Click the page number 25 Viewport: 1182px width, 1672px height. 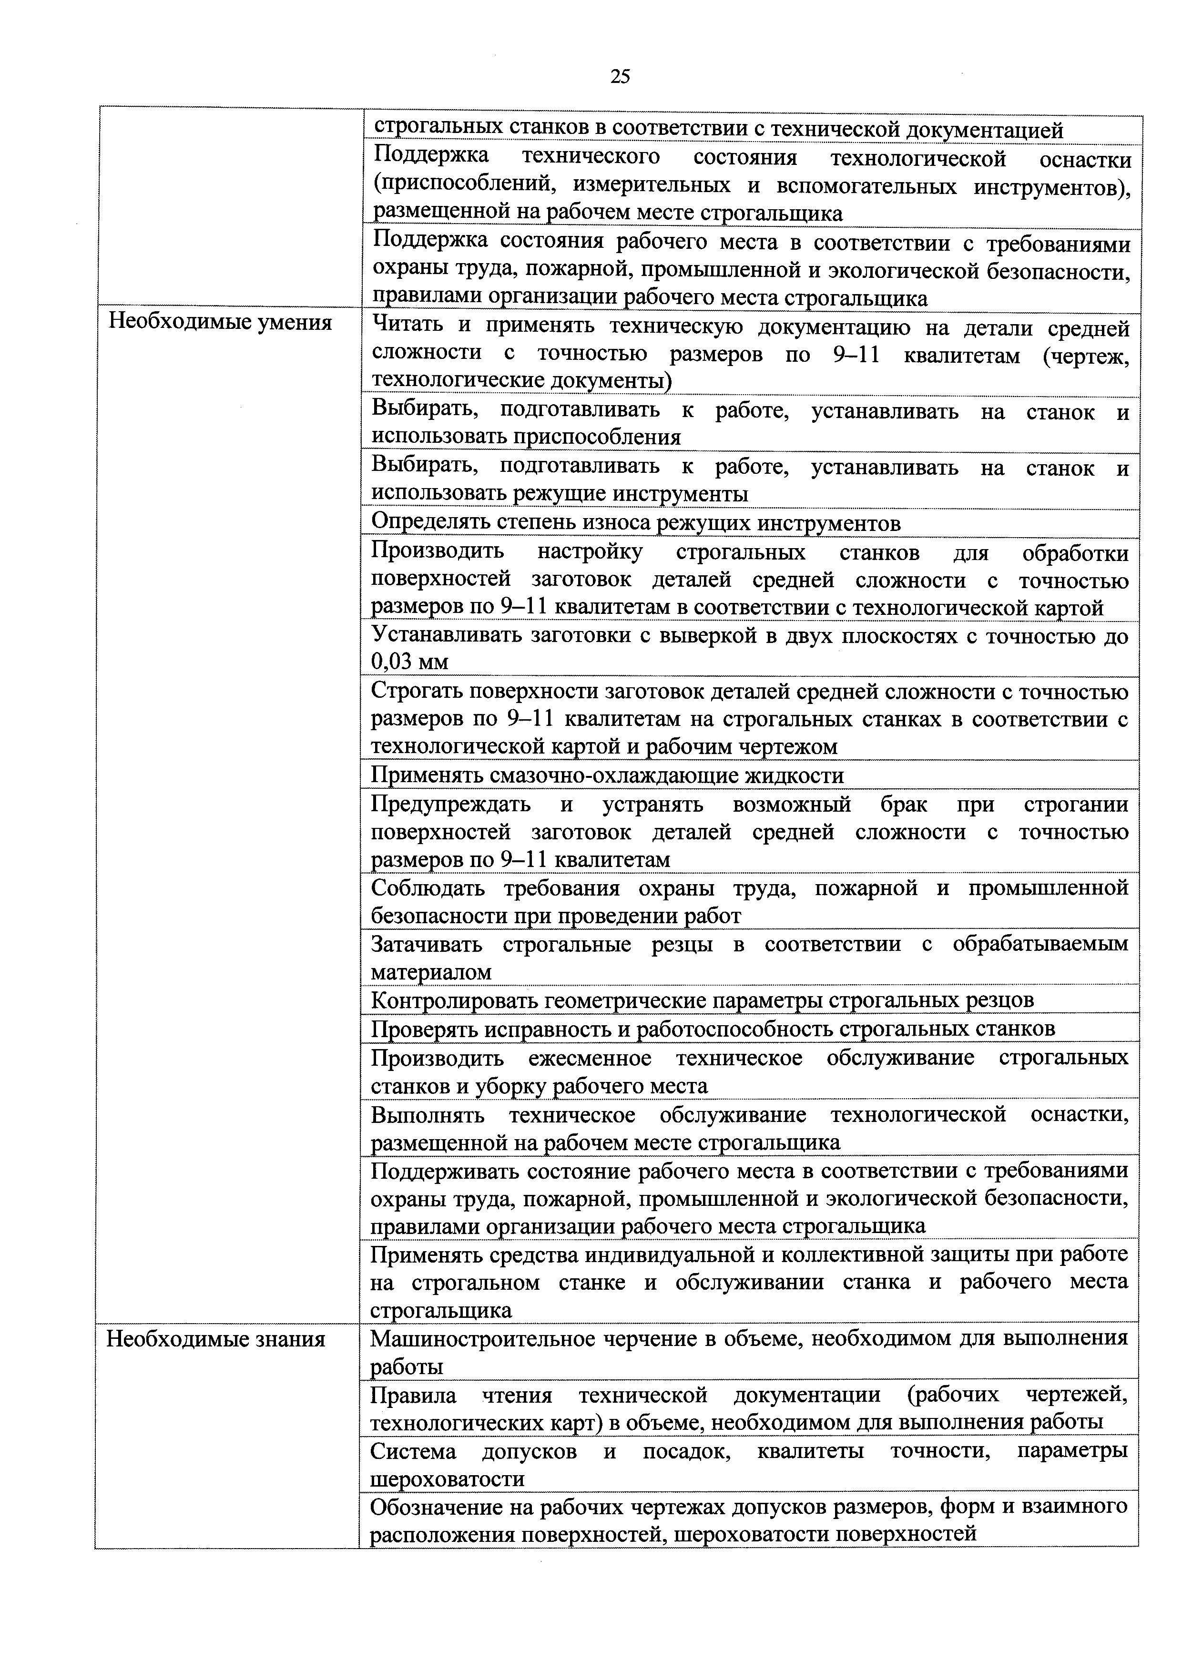[620, 76]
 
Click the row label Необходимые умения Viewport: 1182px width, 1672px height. [220, 323]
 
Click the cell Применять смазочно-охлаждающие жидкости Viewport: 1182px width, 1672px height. [607, 775]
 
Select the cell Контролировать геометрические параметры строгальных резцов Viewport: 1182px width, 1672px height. [702, 1000]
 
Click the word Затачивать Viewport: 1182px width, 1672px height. [426, 945]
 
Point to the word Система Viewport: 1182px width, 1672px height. [413, 1451]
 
